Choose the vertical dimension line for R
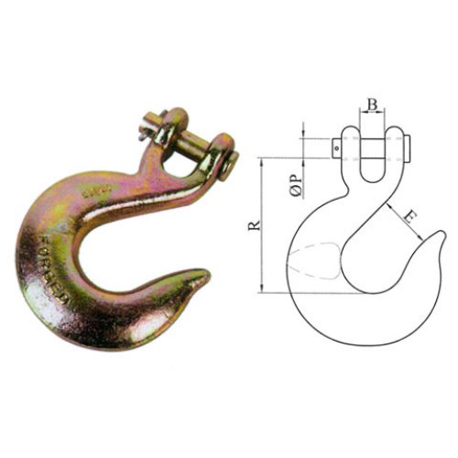click(x=262, y=224)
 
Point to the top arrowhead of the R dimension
click(x=262, y=161)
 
